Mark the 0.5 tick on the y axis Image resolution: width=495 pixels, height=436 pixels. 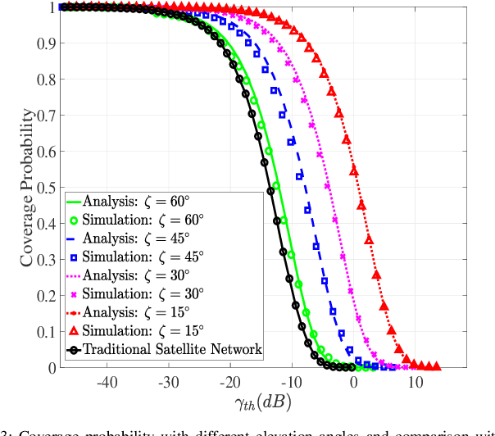coord(46,188)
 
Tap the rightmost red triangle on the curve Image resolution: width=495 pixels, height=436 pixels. coord(436,366)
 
